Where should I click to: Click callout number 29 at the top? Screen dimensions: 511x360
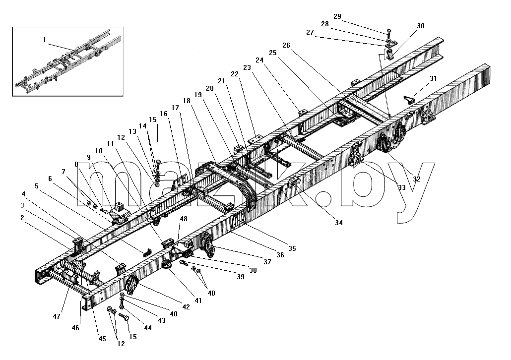point(337,17)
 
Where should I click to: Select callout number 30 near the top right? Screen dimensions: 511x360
point(421,26)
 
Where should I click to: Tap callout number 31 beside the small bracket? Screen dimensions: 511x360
point(434,78)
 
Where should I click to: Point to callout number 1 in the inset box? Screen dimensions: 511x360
point(44,40)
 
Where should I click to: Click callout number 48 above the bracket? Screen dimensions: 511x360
point(184,219)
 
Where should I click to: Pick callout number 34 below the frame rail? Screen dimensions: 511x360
point(339,223)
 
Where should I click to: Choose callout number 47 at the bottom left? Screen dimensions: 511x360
point(57,316)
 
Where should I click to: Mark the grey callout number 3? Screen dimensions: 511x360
point(22,206)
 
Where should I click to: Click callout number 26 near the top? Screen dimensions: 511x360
point(286,45)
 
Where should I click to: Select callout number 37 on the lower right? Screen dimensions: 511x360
point(267,262)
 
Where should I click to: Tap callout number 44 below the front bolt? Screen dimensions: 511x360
point(148,328)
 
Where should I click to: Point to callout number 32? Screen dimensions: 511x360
point(417,179)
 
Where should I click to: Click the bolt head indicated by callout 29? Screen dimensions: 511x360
point(389,32)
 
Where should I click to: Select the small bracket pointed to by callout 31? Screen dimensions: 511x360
point(410,100)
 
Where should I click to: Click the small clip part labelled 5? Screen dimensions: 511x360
point(147,252)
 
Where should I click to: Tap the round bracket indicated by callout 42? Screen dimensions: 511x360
point(131,285)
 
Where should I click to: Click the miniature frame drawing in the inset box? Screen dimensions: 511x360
point(68,62)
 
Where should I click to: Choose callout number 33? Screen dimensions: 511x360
point(402,187)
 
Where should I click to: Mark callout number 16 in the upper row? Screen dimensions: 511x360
point(164,114)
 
